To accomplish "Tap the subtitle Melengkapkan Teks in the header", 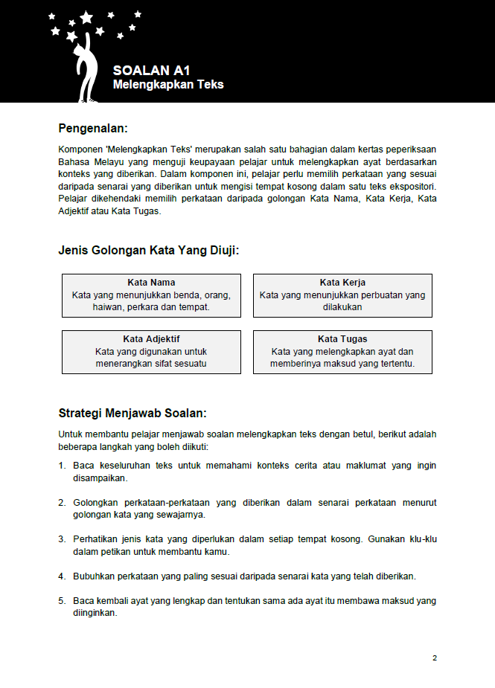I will click(x=168, y=85).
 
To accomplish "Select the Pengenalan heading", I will click(x=98, y=128).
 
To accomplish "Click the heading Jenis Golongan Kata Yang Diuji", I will click(x=148, y=251).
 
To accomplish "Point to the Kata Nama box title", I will click(x=151, y=283).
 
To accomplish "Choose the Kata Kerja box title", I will click(x=342, y=283).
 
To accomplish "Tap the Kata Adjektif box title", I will click(x=151, y=339).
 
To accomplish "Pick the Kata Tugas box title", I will click(x=342, y=339).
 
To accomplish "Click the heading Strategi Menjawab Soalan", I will click(x=132, y=413).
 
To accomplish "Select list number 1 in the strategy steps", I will click(x=62, y=466).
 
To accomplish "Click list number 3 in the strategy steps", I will click(x=62, y=538).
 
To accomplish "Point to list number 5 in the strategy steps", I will click(x=62, y=600).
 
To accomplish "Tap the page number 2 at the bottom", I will click(x=435, y=658).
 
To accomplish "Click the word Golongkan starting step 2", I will click(x=95, y=502).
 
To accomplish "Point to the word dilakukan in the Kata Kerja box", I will click(x=342, y=306).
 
